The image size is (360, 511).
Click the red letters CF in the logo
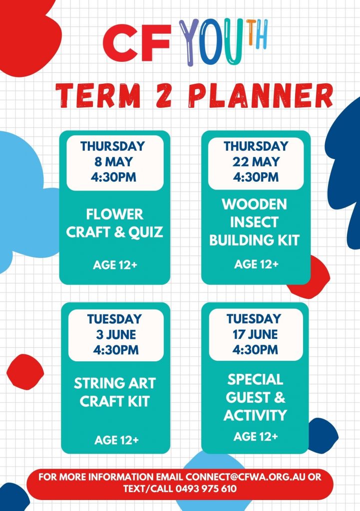click(137, 42)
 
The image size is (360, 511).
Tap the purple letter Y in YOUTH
click(189, 42)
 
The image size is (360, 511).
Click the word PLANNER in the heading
click(261, 95)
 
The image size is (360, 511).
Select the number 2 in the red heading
click(164, 95)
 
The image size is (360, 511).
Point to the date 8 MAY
click(113, 162)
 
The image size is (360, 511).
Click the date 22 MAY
click(256, 162)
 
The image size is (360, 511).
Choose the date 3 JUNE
click(116, 334)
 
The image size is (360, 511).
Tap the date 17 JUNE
click(255, 334)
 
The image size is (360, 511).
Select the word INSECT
click(254, 222)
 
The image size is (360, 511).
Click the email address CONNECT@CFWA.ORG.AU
click(246, 477)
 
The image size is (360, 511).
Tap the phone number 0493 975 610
click(206, 489)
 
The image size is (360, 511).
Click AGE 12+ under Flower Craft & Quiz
click(115, 265)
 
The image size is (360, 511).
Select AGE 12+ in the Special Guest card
click(256, 436)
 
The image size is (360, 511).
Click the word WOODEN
click(254, 204)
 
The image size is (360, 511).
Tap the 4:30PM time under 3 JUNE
click(116, 350)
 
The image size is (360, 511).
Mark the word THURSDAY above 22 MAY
click(256, 146)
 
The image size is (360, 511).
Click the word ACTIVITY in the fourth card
click(255, 415)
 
